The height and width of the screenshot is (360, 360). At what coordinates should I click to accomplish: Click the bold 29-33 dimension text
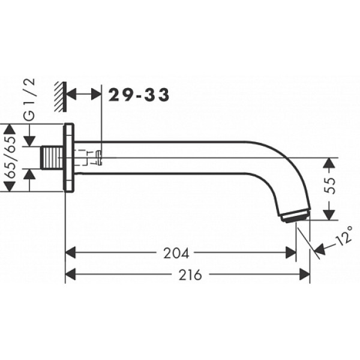click(139, 95)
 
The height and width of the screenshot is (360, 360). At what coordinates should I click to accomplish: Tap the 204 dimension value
click(176, 253)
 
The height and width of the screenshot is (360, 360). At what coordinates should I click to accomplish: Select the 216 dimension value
click(190, 275)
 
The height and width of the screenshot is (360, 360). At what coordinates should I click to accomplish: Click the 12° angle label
click(344, 235)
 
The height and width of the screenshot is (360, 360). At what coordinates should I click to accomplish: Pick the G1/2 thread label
click(30, 100)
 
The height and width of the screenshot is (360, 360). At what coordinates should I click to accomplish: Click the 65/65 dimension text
click(10, 157)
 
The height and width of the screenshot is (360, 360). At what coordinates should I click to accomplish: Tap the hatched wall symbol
click(61, 97)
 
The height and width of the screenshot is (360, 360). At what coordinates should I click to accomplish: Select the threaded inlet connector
click(52, 157)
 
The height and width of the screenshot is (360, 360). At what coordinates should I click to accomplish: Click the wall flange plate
click(68, 158)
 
